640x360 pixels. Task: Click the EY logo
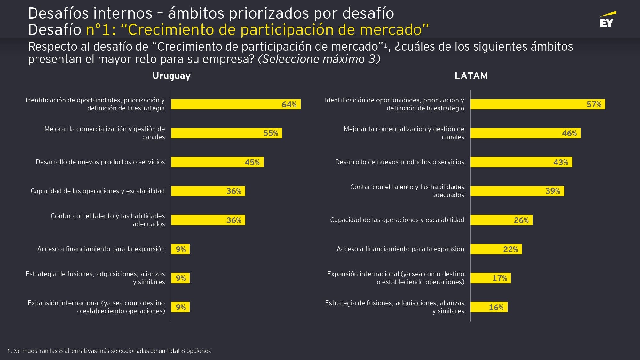click(607, 20)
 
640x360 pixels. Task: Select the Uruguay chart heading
click(171, 76)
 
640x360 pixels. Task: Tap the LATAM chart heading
click(471, 76)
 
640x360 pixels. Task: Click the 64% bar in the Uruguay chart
click(236, 104)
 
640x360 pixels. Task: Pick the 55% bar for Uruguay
click(226, 133)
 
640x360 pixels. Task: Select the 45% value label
click(252, 162)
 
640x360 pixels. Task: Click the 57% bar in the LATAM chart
click(538, 104)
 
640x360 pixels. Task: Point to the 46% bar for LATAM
click(525, 133)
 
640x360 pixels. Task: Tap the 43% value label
click(561, 162)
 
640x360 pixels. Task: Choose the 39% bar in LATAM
click(517, 191)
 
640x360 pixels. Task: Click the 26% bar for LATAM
click(502, 220)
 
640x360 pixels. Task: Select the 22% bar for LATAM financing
click(496, 249)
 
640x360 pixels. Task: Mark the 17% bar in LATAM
click(491, 278)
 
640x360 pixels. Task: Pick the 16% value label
click(496, 307)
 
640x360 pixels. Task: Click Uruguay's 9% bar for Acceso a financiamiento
click(180, 249)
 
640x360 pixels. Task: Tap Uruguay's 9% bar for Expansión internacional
click(180, 307)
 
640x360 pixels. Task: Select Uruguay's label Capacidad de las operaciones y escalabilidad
click(98, 191)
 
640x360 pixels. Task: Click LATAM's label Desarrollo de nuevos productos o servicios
click(399, 162)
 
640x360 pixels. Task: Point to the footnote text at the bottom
click(109, 351)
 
